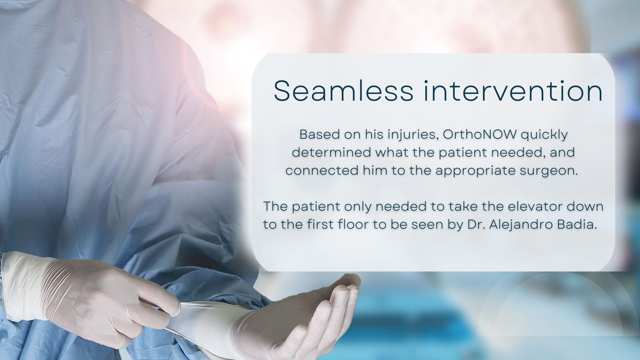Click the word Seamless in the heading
pyautogui.click(x=343, y=91)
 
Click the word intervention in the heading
pyautogui.click(x=513, y=91)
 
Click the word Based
pyautogui.click(x=316, y=135)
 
